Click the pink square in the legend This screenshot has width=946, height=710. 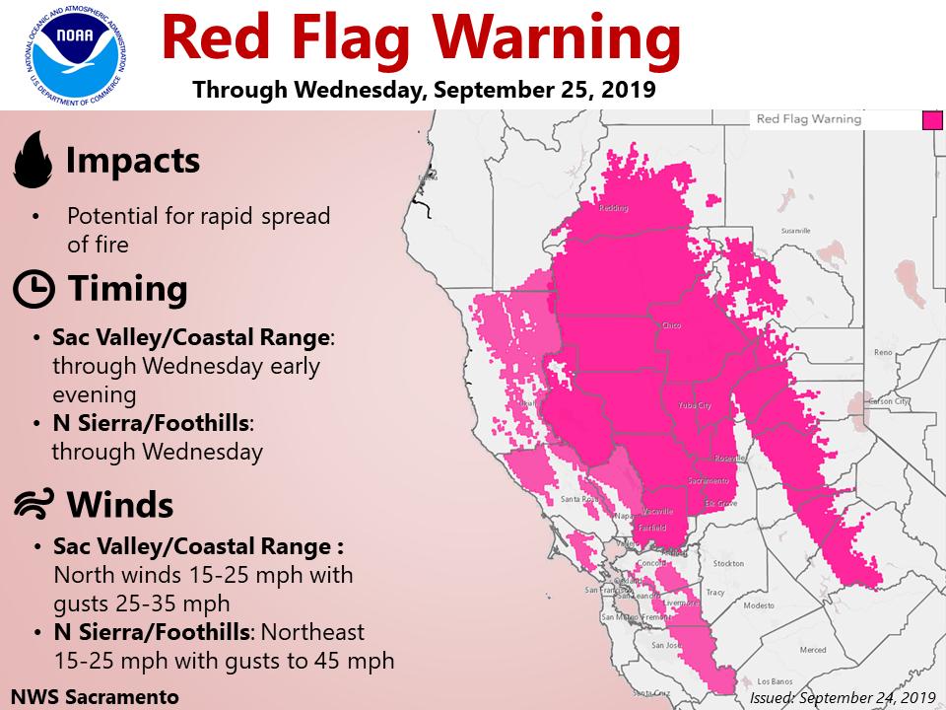pos(929,120)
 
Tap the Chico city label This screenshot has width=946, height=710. pos(672,324)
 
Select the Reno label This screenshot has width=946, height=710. pos(883,352)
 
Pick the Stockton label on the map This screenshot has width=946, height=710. pos(728,563)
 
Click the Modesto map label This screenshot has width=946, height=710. pos(759,605)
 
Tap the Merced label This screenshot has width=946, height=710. pos(813,650)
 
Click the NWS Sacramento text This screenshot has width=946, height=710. pos(97,695)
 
